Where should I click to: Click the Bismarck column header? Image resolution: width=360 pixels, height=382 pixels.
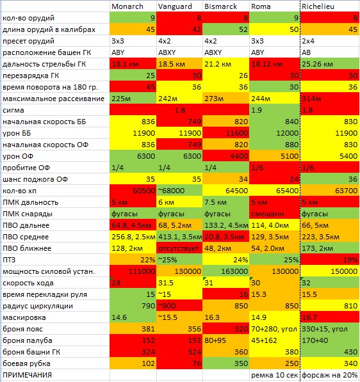coord(220,6)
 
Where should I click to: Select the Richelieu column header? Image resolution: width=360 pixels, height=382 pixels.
coord(318,6)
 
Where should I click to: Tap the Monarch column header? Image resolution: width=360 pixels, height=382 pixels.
coord(127,6)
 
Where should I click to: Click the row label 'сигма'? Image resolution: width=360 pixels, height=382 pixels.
coord(13,110)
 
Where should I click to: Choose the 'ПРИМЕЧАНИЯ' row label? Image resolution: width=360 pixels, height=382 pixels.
coord(27,375)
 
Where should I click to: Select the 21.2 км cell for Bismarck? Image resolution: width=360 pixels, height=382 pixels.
coord(218,64)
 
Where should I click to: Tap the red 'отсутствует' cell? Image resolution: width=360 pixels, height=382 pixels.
coord(179,248)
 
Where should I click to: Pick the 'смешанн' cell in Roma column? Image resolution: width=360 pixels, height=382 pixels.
coord(268,214)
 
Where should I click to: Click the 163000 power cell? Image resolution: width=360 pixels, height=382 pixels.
coord(234,271)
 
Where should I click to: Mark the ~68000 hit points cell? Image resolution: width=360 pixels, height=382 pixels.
coord(171,191)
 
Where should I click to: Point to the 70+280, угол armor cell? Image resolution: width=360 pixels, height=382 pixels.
coord(274,329)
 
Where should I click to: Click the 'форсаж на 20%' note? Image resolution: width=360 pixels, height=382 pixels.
coord(330,375)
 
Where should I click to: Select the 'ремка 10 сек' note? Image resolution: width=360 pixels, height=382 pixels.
coord(274,375)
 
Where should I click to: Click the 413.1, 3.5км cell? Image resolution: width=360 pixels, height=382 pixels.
coord(180,237)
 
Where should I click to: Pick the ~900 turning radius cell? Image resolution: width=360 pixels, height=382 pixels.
coord(167,306)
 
